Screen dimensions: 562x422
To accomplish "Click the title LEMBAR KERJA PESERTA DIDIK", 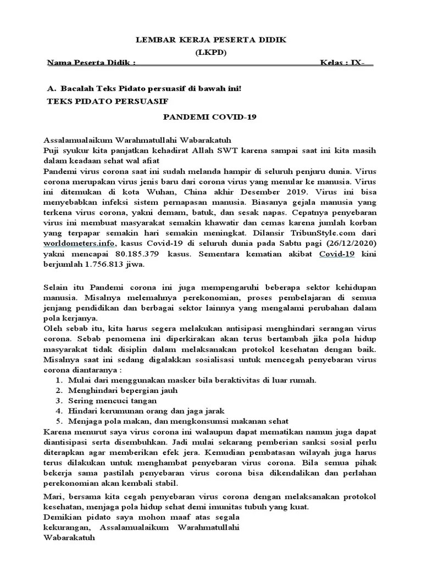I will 211,41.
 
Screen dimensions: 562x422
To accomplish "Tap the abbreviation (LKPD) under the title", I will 211,52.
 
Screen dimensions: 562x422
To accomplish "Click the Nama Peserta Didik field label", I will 91,63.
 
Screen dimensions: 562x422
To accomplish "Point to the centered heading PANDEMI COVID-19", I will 211,117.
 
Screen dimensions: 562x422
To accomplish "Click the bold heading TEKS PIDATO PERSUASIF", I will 108,102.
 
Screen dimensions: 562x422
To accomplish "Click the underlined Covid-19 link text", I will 337,254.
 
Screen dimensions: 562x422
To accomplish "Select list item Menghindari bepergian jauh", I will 123,391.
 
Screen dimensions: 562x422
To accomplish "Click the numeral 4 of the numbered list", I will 58,411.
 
